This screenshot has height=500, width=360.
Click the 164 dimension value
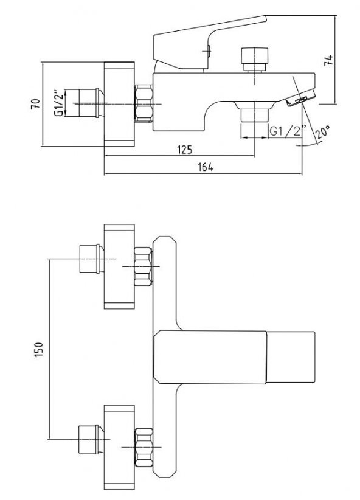pos(206,168)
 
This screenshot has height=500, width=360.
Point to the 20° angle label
pos(323,130)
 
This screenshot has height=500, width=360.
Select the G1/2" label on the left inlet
pos(58,103)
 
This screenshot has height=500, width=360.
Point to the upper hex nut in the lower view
pos(142,265)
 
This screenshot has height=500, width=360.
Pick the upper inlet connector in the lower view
pos(90,259)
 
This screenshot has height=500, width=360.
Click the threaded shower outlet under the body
pos(255,115)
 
